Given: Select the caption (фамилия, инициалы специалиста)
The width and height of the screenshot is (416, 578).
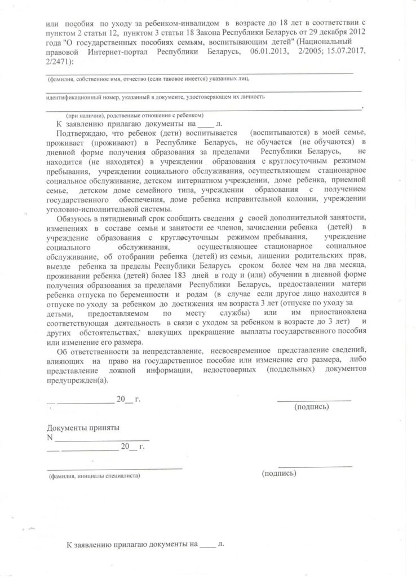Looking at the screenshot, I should point(94,476).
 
